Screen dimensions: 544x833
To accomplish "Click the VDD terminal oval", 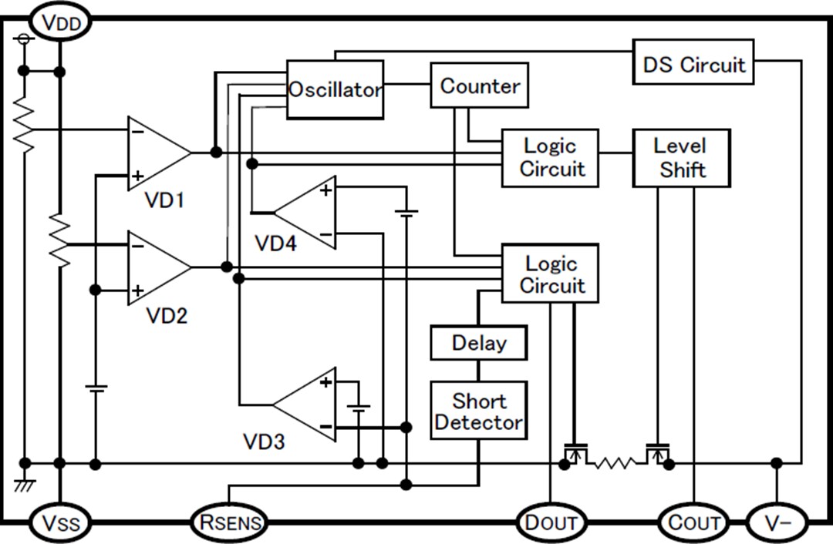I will [x=60, y=22].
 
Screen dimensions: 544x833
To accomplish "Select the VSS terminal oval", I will [x=59, y=523].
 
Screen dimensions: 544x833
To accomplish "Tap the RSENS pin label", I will [x=228, y=523].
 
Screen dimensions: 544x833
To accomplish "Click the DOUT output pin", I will [x=551, y=523].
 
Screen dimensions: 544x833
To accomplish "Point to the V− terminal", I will [x=777, y=523].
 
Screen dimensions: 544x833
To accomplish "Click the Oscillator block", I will [x=335, y=89].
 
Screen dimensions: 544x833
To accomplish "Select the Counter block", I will [x=479, y=86].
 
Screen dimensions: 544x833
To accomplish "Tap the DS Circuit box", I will [x=693, y=64].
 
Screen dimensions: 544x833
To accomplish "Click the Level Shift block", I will [x=681, y=158].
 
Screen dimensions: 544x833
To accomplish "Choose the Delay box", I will [x=479, y=343].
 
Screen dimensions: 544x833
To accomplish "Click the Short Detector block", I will [x=479, y=411].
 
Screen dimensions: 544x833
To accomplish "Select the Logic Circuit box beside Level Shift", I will [x=550, y=158].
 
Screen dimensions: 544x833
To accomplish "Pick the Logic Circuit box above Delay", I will [x=550, y=274].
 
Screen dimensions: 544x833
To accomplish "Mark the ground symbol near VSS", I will [x=25, y=485].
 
